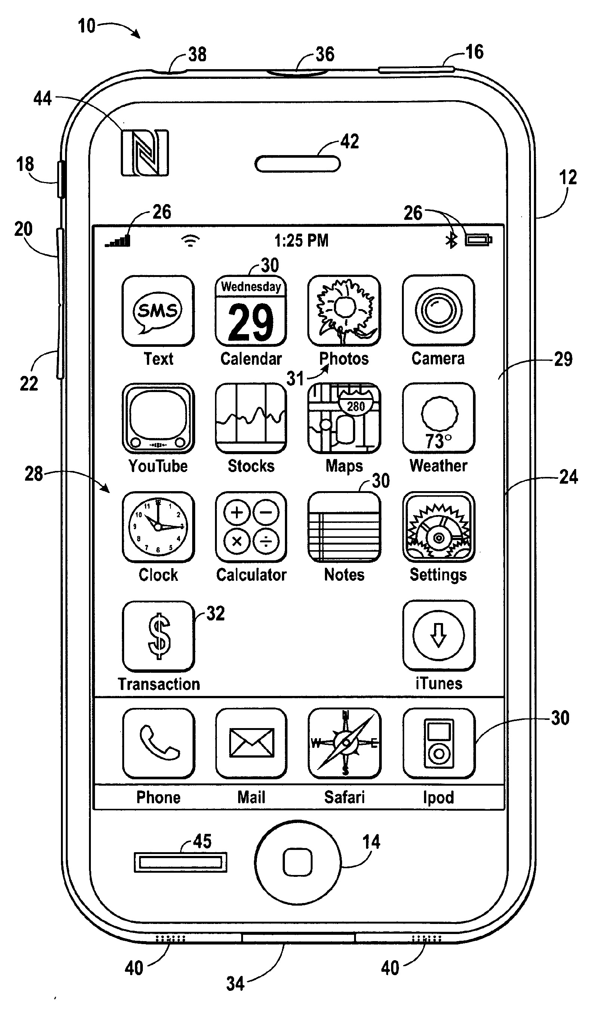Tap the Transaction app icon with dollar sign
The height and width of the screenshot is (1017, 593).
coord(158,636)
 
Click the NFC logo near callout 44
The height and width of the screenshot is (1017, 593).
coord(145,153)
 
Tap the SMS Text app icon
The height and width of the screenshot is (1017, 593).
coord(158,310)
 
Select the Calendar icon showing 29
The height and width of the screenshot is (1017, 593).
coord(251,311)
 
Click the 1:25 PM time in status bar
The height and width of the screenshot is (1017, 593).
coord(301,241)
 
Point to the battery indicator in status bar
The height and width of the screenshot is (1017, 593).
coord(478,240)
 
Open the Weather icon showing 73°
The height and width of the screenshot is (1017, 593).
coord(438,418)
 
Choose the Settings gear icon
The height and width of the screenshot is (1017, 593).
coord(438,527)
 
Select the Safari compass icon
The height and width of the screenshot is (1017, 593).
coord(344,743)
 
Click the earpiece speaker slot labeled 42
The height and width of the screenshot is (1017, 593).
coord(298,164)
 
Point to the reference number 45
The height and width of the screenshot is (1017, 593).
coord(202,841)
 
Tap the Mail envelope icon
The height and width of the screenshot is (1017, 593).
coord(251,743)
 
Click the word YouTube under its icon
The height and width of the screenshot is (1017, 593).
coord(158,466)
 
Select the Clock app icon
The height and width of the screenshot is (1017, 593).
coord(158,527)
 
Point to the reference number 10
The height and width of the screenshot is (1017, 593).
coord(86,26)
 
